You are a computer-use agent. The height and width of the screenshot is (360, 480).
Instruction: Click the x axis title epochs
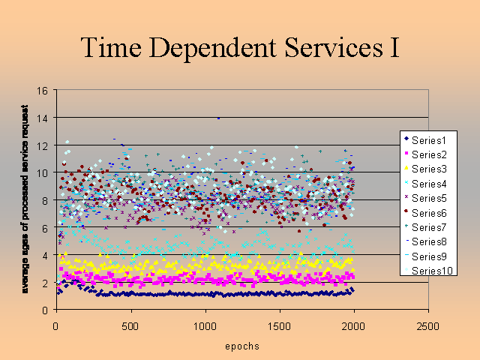tap(241, 347)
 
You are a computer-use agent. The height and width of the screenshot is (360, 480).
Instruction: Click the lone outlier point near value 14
tap(218, 118)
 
